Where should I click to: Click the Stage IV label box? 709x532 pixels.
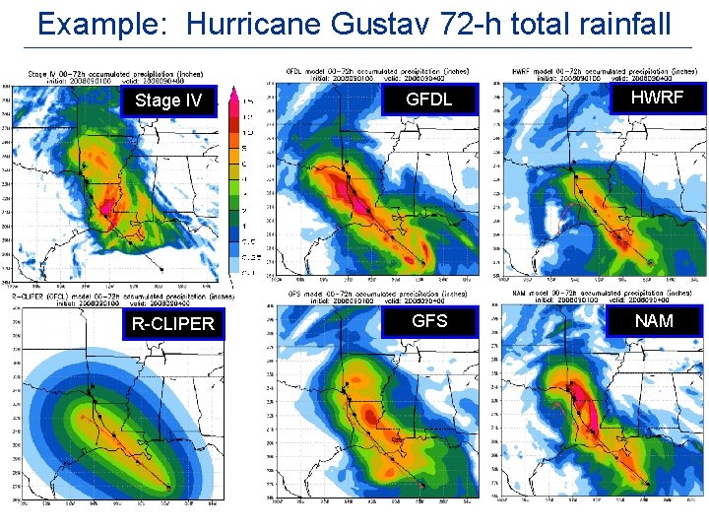pyautogui.click(x=167, y=100)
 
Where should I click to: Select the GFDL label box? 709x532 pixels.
pyautogui.click(x=429, y=100)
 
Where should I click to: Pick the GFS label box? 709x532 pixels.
pyautogui.click(x=429, y=321)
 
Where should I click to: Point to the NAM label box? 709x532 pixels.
pyautogui.click(x=654, y=321)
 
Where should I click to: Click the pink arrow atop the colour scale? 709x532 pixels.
pyautogui.click(x=234, y=96)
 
